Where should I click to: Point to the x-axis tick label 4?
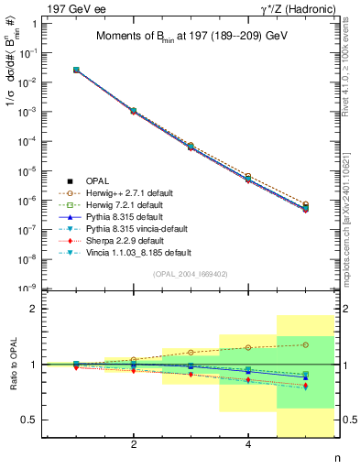pyautogui.click(x=248, y=444)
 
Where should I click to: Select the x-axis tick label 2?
pyautogui.click(x=134, y=444)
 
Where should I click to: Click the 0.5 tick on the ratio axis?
pyautogui.click(x=34, y=420)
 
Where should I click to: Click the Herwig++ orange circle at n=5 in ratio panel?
pyautogui.click(x=306, y=344)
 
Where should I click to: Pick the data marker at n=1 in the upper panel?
pyautogui.click(x=76, y=70)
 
